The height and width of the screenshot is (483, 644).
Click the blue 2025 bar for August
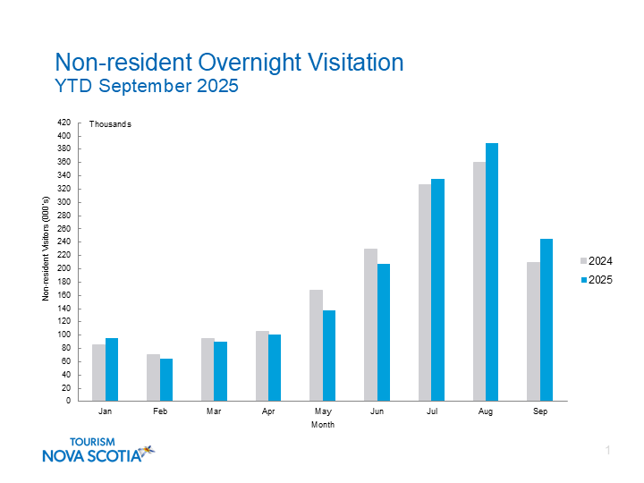click(x=492, y=272)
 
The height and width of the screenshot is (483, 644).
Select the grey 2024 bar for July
click(x=424, y=292)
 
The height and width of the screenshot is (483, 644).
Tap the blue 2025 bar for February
click(x=166, y=379)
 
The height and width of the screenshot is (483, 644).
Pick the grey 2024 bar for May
click(x=316, y=345)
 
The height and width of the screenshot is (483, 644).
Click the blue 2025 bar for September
click(x=547, y=319)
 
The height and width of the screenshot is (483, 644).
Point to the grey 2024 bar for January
click(x=98, y=372)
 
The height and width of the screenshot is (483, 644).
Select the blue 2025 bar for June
click(x=384, y=332)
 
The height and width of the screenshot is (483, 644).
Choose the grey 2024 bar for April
click(x=261, y=366)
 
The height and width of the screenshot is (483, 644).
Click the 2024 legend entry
click(x=596, y=261)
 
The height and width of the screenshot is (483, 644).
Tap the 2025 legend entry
click(x=596, y=280)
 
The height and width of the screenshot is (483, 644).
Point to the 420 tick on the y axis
click(x=64, y=123)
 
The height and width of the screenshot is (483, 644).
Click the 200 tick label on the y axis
click(x=64, y=269)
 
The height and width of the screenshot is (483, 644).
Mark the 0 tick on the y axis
click(x=68, y=401)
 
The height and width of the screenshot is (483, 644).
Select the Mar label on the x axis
click(x=214, y=411)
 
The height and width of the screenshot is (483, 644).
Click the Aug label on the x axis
click(x=486, y=411)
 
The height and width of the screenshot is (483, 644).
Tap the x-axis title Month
click(x=323, y=425)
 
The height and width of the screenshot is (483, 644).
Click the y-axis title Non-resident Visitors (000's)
click(x=46, y=250)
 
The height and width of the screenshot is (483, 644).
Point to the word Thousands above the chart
click(x=110, y=124)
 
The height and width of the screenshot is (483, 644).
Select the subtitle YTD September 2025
click(x=147, y=87)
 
